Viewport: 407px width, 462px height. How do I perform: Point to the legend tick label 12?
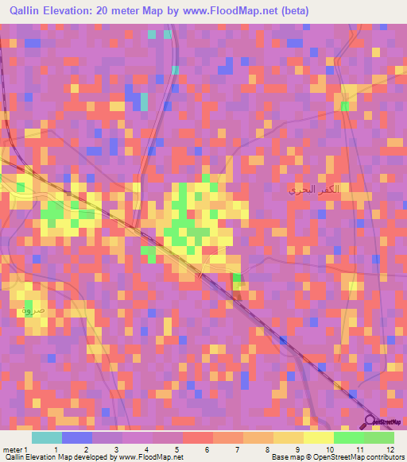389,449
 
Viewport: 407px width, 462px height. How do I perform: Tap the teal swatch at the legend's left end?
47,437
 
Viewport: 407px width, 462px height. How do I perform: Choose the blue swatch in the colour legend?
77,437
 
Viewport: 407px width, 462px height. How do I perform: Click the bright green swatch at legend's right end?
379,437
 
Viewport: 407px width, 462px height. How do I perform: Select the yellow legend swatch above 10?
318,437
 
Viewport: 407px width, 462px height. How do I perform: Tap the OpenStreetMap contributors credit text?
358,457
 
